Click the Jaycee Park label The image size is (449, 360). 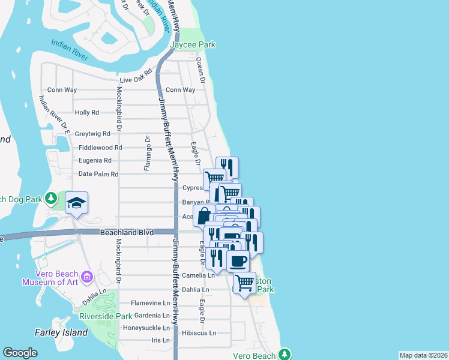[192, 45]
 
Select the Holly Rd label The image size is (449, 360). [86, 112]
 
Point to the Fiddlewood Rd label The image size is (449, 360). [100, 148]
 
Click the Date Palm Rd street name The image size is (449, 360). [98, 174]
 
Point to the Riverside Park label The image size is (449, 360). [106, 316]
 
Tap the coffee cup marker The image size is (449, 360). [238, 261]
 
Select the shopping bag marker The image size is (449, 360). [204, 215]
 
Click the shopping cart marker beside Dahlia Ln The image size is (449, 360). [244, 282]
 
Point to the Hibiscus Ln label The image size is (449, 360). [198, 332]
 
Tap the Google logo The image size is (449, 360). [20, 353]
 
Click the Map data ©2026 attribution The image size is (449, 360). [423, 355]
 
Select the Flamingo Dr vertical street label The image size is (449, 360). [146, 154]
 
